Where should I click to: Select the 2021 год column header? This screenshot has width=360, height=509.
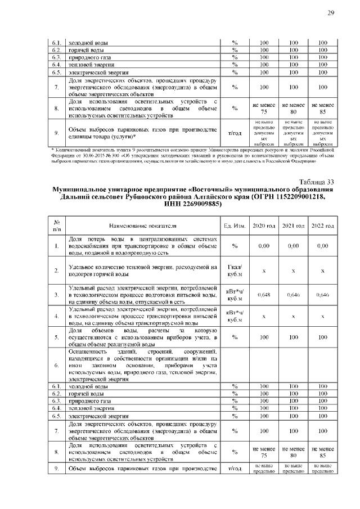293,226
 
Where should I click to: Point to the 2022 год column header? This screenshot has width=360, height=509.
322,226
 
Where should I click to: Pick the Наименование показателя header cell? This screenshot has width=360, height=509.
143,226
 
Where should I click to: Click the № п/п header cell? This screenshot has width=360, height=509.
57,226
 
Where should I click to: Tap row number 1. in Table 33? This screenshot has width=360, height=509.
57,246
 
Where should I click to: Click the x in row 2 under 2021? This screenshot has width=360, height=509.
293,271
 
